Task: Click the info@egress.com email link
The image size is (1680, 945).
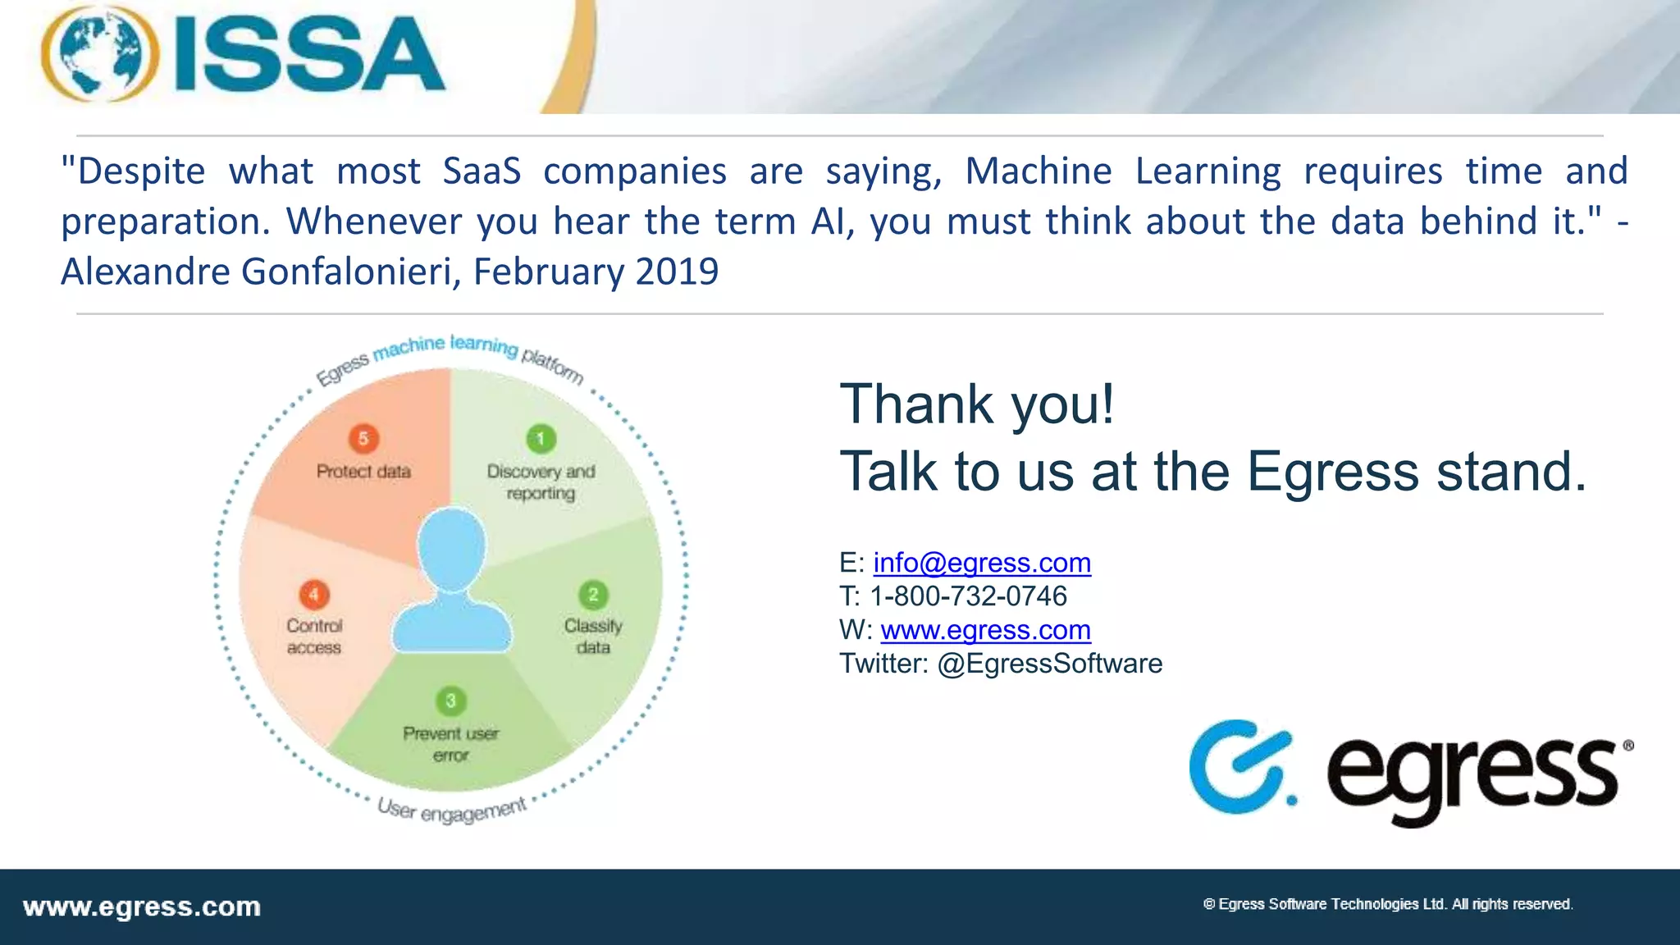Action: tap(982, 563)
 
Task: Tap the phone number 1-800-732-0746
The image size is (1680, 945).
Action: tap(968, 596)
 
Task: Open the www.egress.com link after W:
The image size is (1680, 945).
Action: tap(985, 630)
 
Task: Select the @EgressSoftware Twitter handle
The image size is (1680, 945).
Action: tap(1049, 664)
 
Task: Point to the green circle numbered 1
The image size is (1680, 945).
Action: tap(541, 439)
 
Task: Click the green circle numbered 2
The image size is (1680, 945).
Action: tap(593, 595)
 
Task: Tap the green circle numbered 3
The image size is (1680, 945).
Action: tap(450, 701)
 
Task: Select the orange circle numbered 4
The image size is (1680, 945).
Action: tap(314, 595)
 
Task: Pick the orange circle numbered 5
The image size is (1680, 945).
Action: tap(363, 439)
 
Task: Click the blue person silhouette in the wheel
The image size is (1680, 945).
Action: tap(452, 582)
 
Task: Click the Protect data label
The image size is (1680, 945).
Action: tap(363, 472)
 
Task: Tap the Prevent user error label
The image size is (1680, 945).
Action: tap(450, 744)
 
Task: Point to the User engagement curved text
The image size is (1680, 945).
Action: tap(451, 810)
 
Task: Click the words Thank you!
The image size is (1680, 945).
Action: tap(977, 404)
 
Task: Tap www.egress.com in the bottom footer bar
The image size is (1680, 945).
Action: tap(142, 907)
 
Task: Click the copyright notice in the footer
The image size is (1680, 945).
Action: tap(1387, 904)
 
